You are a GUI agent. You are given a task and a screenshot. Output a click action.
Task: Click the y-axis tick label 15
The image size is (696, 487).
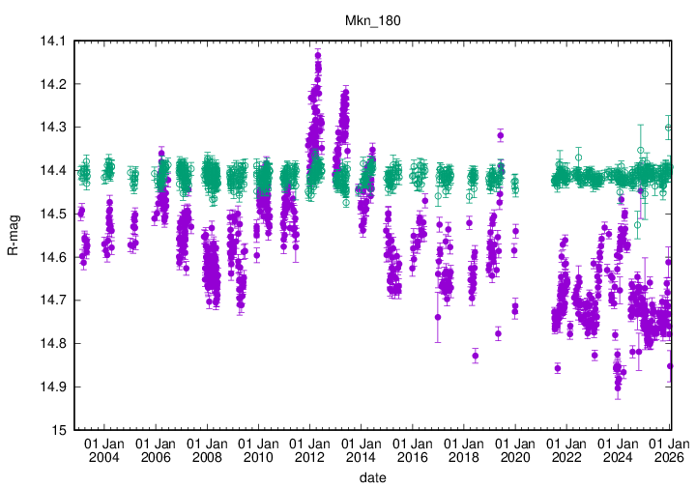pos(58,430)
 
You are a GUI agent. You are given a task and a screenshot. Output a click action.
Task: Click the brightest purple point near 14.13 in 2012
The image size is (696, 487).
pos(317,55)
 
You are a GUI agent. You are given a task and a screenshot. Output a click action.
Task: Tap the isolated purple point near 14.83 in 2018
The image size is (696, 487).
pos(476,356)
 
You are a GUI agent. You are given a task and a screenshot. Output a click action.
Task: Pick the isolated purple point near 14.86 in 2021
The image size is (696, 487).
pos(558,368)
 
